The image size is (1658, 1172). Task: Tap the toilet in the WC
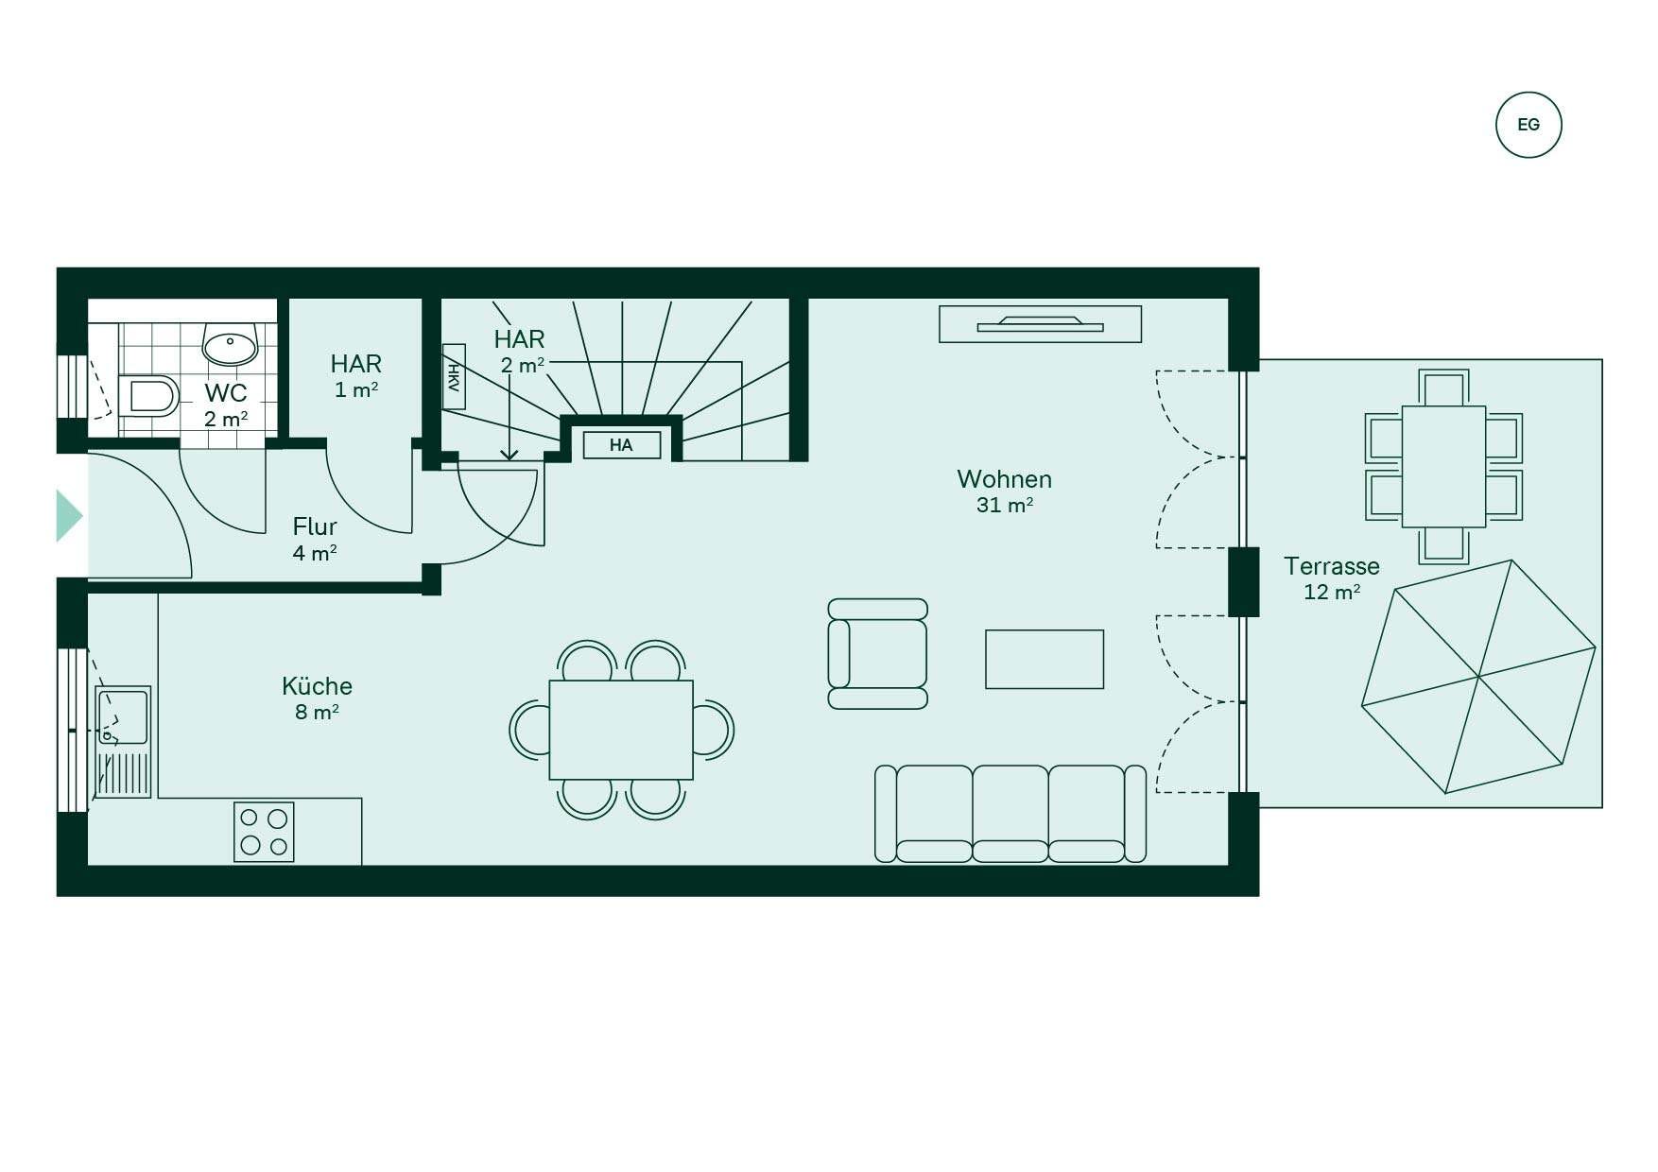(x=149, y=396)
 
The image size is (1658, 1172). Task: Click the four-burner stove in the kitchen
(x=264, y=832)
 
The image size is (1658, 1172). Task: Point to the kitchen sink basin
(x=123, y=716)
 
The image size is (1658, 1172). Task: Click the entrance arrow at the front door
(x=69, y=516)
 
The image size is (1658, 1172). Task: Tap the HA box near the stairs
(x=621, y=445)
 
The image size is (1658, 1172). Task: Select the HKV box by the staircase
(x=454, y=376)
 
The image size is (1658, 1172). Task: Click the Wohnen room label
(x=1004, y=479)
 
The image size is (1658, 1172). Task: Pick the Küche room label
(x=317, y=685)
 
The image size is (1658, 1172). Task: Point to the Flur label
(x=315, y=526)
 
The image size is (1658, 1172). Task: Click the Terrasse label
(x=1331, y=566)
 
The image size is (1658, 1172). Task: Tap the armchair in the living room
(x=877, y=654)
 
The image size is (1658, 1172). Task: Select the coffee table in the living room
(x=1045, y=659)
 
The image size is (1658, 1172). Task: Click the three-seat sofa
(x=1010, y=814)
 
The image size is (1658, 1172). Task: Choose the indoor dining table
(x=621, y=730)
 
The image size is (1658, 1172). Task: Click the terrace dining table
(x=1443, y=467)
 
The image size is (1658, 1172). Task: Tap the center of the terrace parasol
(x=1478, y=677)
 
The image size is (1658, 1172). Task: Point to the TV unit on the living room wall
(x=1040, y=324)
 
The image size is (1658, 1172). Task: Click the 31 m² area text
(x=1004, y=505)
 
